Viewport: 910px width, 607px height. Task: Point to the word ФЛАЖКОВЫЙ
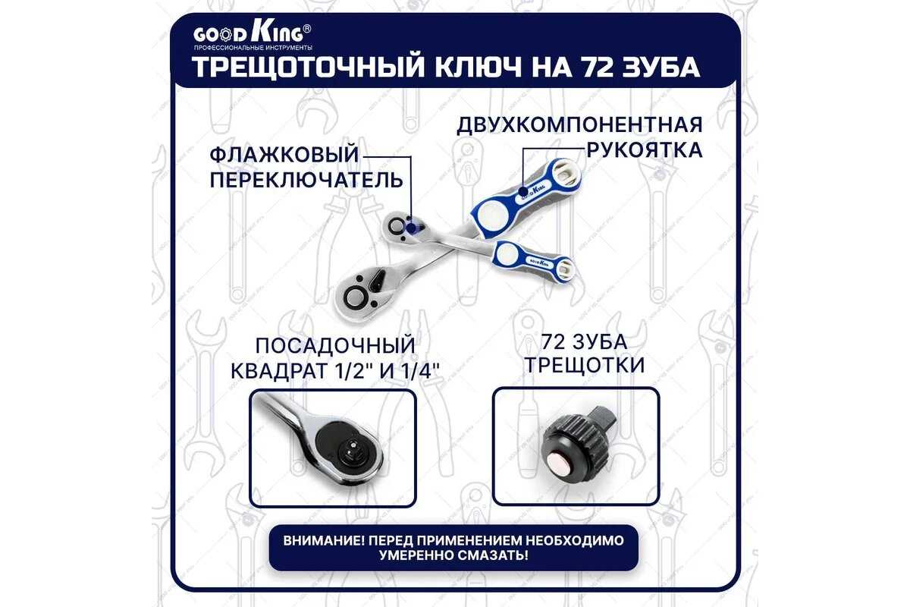pyautogui.click(x=284, y=155)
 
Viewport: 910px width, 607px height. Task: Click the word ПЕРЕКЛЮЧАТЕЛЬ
pyautogui.click(x=306, y=180)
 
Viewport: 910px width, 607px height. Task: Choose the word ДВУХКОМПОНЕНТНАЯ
pyautogui.click(x=579, y=125)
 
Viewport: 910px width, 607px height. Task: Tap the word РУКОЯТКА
pyautogui.click(x=645, y=150)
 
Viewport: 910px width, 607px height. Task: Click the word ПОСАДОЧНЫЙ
pyautogui.click(x=335, y=346)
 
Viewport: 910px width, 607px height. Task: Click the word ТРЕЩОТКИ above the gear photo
pyautogui.click(x=585, y=365)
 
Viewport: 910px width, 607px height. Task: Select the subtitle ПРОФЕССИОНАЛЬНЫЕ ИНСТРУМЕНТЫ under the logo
pyautogui.click(x=253, y=48)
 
